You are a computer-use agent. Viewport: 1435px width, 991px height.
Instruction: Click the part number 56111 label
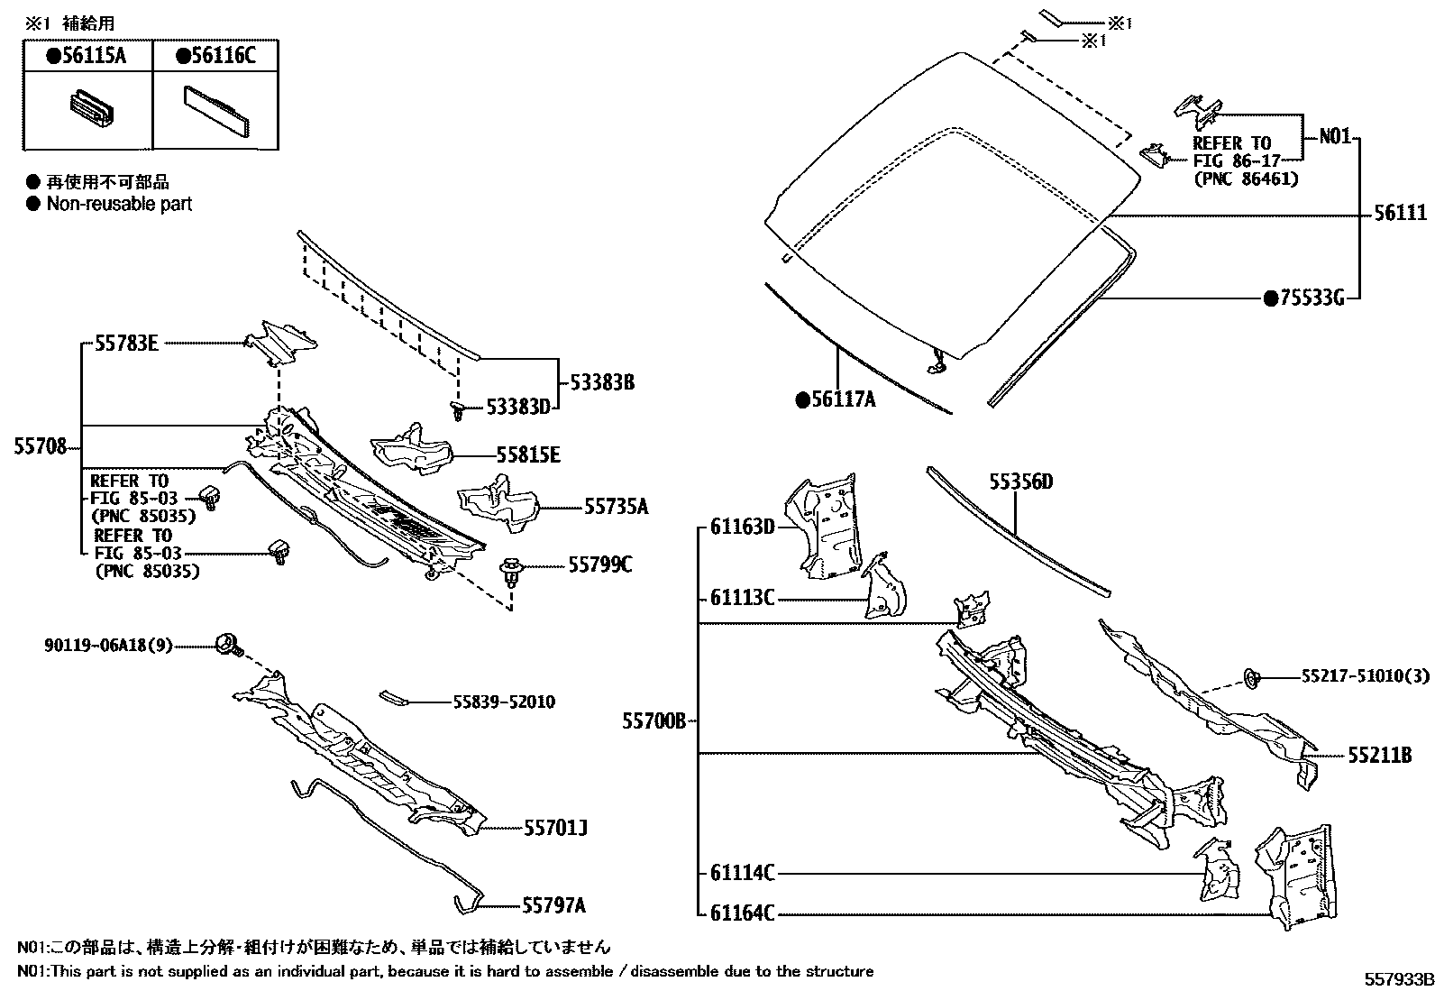tap(1401, 213)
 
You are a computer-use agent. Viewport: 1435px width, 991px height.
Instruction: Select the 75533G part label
tap(1310, 297)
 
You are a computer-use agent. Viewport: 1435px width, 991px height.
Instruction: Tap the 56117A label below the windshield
tap(836, 398)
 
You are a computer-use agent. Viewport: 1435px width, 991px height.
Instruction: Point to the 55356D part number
tap(1020, 482)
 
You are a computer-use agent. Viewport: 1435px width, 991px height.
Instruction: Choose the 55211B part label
tap(1380, 755)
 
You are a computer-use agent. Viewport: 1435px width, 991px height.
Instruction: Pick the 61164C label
tap(742, 913)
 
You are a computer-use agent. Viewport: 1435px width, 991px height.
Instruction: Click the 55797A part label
tap(553, 904)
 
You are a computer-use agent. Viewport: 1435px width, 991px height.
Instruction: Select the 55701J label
tap(555, 827)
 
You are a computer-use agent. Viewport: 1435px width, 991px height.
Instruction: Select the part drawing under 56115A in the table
tap(89, 108)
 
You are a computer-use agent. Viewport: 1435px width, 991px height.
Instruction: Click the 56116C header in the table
tap(215, 57)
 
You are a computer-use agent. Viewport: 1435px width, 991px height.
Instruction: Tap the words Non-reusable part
tap(119, 204)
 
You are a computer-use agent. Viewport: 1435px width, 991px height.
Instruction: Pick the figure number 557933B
tap(1397, 980)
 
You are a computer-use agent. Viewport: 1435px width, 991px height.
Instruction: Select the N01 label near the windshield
tap(1335, 137)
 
